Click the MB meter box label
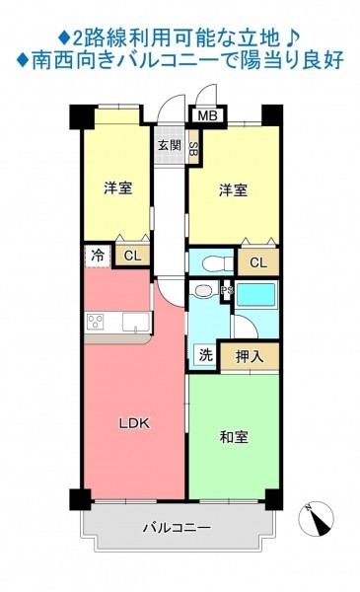click(207, 115)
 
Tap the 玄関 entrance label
click(170, 145)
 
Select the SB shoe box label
click(193, 146)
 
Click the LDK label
click(134, 423)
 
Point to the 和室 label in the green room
click(234, 437)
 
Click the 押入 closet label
click(250, 356)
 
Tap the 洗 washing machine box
click(206, 355)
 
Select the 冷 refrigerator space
click(98, 256)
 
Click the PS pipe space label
click(228, 290)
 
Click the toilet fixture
click(217, 263)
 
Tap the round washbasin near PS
click(204, 291)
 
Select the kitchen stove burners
click(96, 322)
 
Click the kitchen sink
click(135, 322)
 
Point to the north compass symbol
click(317, 519)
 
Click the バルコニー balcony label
click(177, 527)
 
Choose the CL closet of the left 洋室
click(132, 256)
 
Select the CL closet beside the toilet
click(258, 262)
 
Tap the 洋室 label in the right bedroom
click(234, 189)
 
